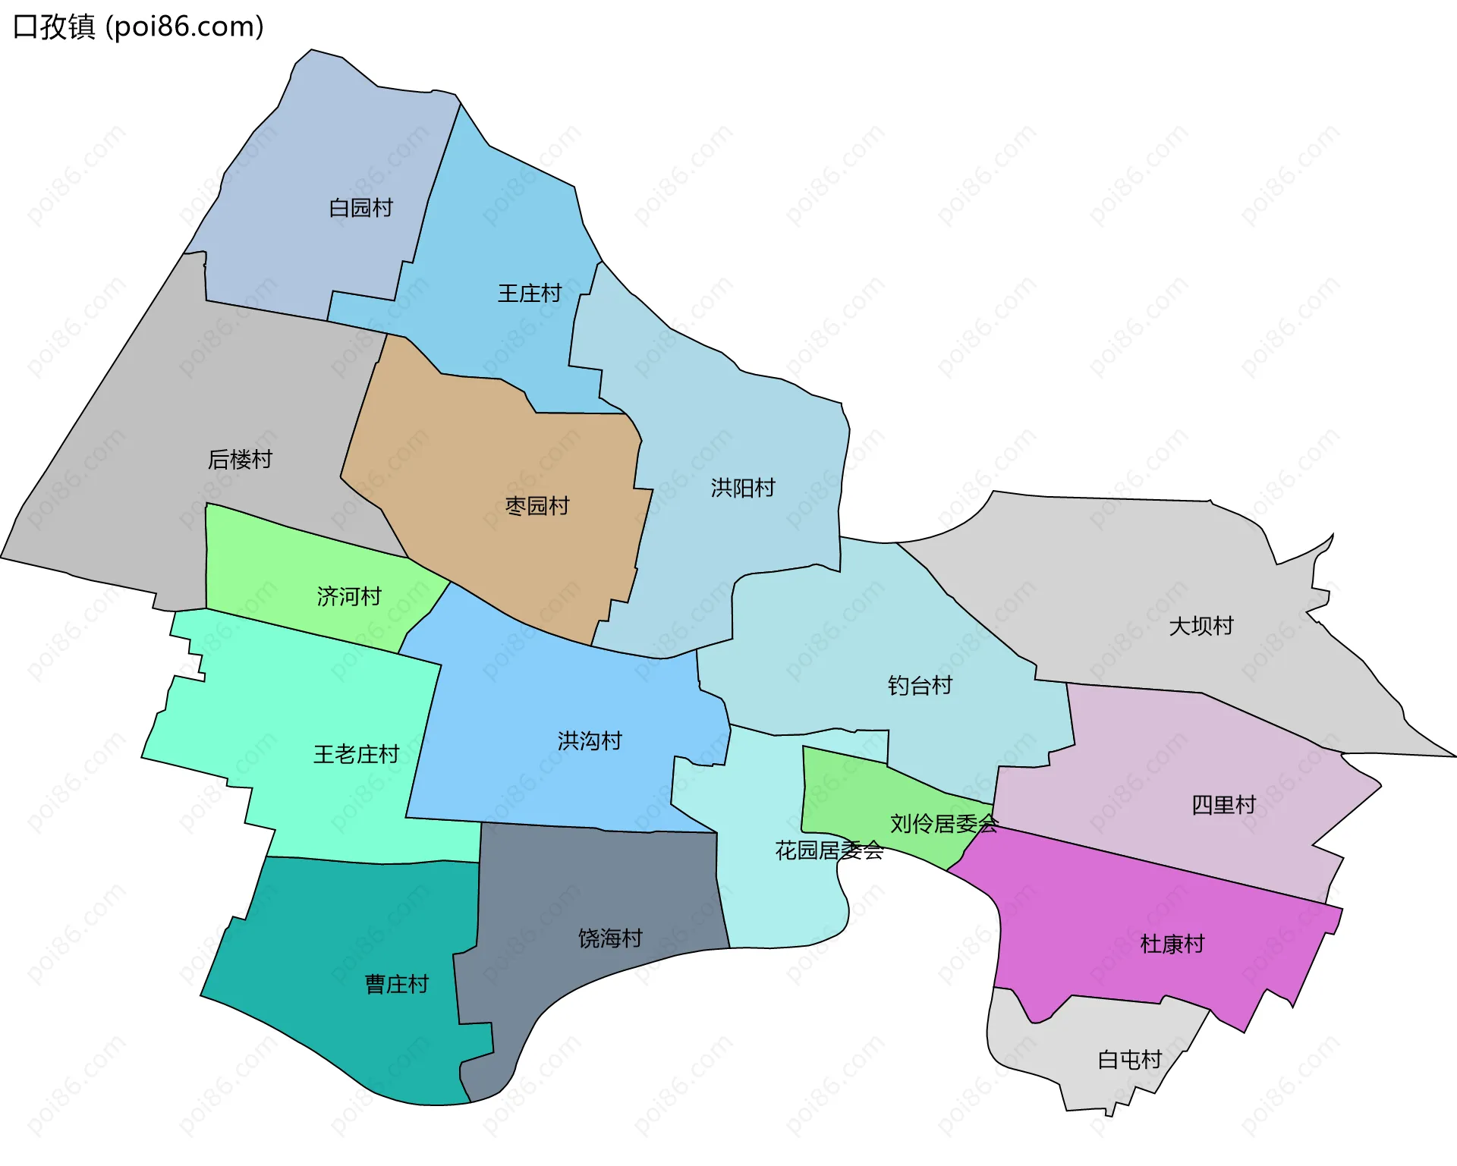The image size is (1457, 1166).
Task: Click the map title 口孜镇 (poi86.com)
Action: pyautogui.click(x=139, y=27)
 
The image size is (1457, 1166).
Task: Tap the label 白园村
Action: pyautogui.click(x=360, y=208)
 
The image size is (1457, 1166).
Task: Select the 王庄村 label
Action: pyautogui.click(x=529, y=294)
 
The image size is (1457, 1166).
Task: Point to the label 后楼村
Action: pyautogui.click(x=240, y=459)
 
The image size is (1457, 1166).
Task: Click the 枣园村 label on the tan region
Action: pyautogui.click(x=537, y=506)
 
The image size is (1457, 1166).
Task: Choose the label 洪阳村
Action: pyautogui.click(x=743, y=488)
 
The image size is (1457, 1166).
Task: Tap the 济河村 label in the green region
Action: pyautogui.click(x=349, y=596)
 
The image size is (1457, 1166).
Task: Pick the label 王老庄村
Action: pyautogui.click(x=356, y=754)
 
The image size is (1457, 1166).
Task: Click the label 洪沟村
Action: pyautogui.click(x=590, y=740)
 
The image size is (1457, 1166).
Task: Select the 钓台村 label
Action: pyautogui.click(x=920, y=686)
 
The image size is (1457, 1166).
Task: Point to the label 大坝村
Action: pyautogui.click(x=1201, y=626)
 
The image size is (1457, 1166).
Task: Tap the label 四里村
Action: pyautogui.click(x=1223, y=805)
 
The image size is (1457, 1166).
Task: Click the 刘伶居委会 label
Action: pyautogui.click(x=944, y=823)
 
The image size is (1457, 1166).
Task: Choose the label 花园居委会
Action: pyautogui.click(x=829, y=850)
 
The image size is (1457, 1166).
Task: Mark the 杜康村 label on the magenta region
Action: pyautogui.click(x=1172, y=944)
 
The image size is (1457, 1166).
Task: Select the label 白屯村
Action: pyautogui.click(x=1130, y=1060)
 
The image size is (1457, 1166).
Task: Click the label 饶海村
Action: pyautogui.click(x=610, y=938)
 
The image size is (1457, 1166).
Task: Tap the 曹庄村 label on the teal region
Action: pyautogui.click(x=397, y=984)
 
